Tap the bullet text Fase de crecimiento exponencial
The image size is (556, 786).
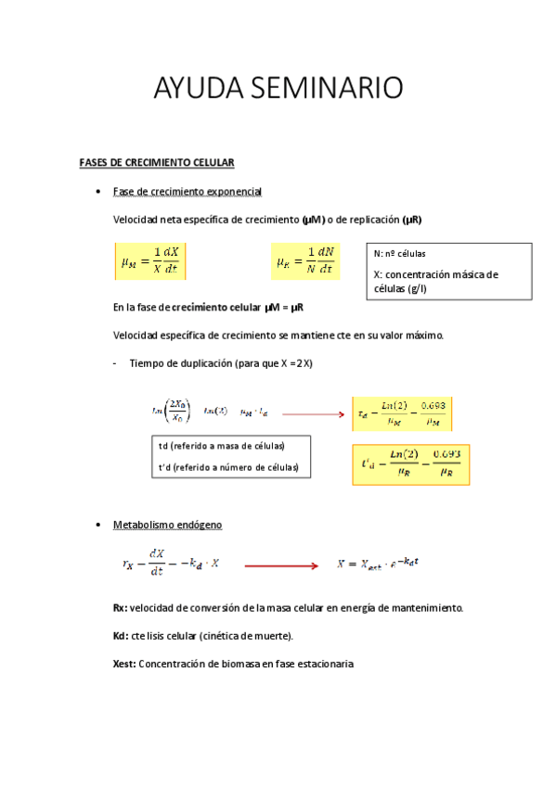[x=187, y=192]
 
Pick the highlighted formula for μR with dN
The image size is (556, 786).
[x=306, y=261]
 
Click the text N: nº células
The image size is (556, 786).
[x=401, y=254]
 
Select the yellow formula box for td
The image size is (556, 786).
[x=401, y=413]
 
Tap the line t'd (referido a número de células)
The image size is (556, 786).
[x=228, y=468]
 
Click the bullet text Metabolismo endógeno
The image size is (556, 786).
[x=167, y=525]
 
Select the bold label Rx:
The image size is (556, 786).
[x=120, y=608]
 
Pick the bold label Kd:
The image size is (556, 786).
[x=120, y=636]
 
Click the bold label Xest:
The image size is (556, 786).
[x=124, y=664]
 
